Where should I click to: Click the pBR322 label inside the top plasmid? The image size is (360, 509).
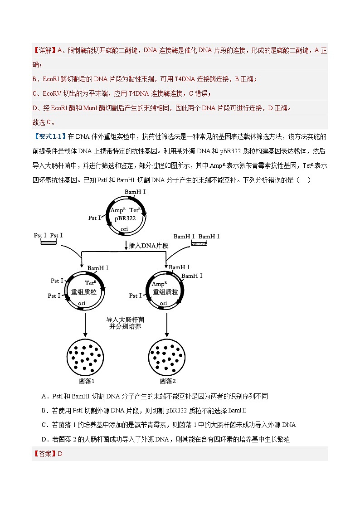125,218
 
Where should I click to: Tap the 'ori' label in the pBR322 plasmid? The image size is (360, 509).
124,229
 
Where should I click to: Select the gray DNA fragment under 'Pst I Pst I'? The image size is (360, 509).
48,243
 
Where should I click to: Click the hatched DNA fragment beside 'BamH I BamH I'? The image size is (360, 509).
198,243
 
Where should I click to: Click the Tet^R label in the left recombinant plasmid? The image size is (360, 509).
91,283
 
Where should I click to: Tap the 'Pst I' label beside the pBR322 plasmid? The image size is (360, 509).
95,218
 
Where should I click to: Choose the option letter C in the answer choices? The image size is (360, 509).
44,425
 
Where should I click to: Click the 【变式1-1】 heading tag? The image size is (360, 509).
49,136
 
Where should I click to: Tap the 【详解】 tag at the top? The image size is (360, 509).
44,51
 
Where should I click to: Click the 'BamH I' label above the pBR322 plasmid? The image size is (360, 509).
135,192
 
